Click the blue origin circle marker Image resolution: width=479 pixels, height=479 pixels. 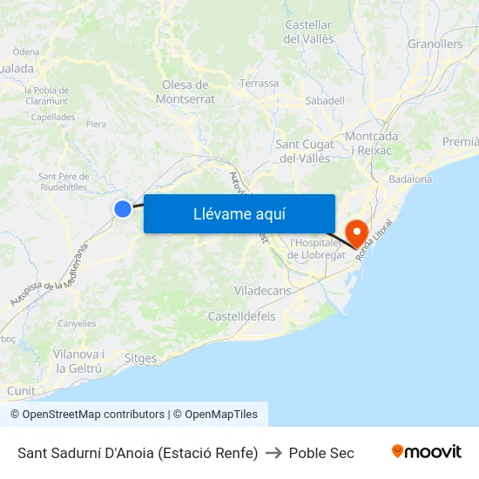point(123,208)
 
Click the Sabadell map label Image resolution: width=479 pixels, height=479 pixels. point(325,101)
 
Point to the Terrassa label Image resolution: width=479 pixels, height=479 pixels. point(260,84)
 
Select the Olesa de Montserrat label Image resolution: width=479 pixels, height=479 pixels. point(186,91)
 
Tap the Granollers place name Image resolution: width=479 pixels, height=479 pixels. point(435,44)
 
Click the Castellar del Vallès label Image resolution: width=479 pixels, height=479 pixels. point(308,32)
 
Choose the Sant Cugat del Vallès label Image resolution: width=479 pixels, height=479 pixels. point(303,151)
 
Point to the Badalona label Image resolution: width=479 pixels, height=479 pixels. point(410,179)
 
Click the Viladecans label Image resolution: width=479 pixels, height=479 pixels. point(262,291)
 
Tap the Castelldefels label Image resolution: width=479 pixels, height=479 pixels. point(241,316)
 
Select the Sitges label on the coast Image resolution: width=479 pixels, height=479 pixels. point(141,358)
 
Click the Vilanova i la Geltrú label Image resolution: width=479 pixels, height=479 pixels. point(78,361)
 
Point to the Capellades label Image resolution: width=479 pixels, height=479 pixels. point(53,117)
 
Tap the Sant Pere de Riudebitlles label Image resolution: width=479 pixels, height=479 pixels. point(64,180)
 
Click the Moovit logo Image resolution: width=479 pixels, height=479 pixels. point(426,452)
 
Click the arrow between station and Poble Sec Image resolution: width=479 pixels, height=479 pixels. point(273,453)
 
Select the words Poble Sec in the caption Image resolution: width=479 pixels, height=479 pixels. point(321,453)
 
